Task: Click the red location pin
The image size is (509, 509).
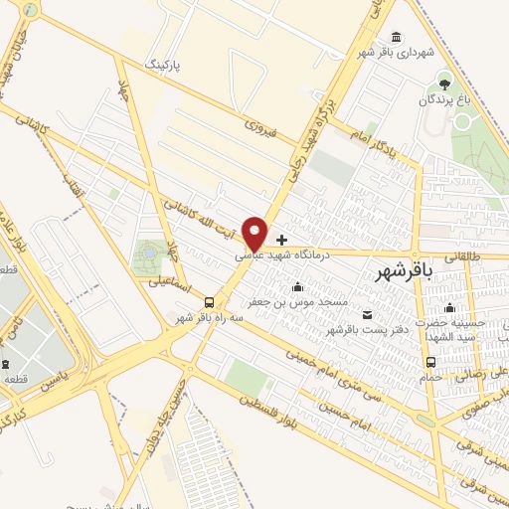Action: [256, 232]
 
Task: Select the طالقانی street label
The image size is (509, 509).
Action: [459, 255]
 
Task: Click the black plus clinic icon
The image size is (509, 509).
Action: [282, 240]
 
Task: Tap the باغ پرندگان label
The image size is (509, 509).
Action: [442, 99]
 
